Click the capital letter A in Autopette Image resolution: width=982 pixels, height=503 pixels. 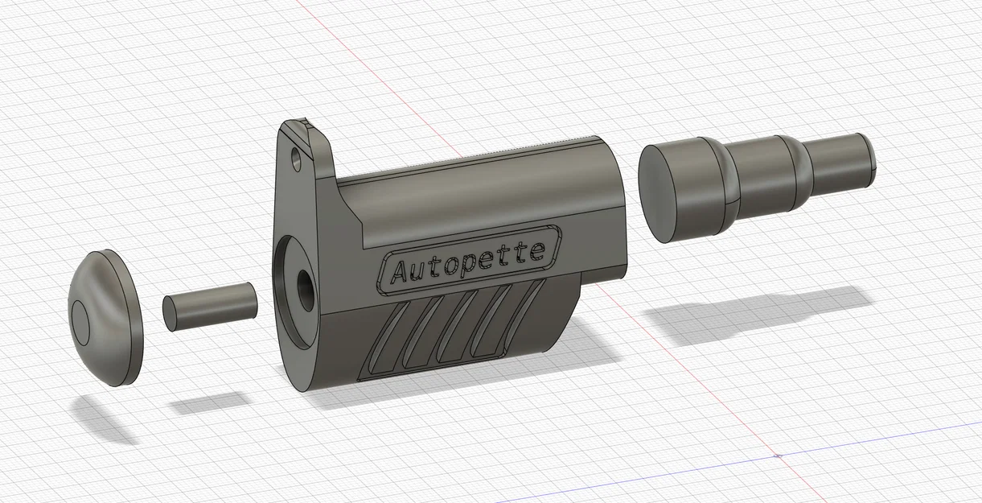pos(399,272)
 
